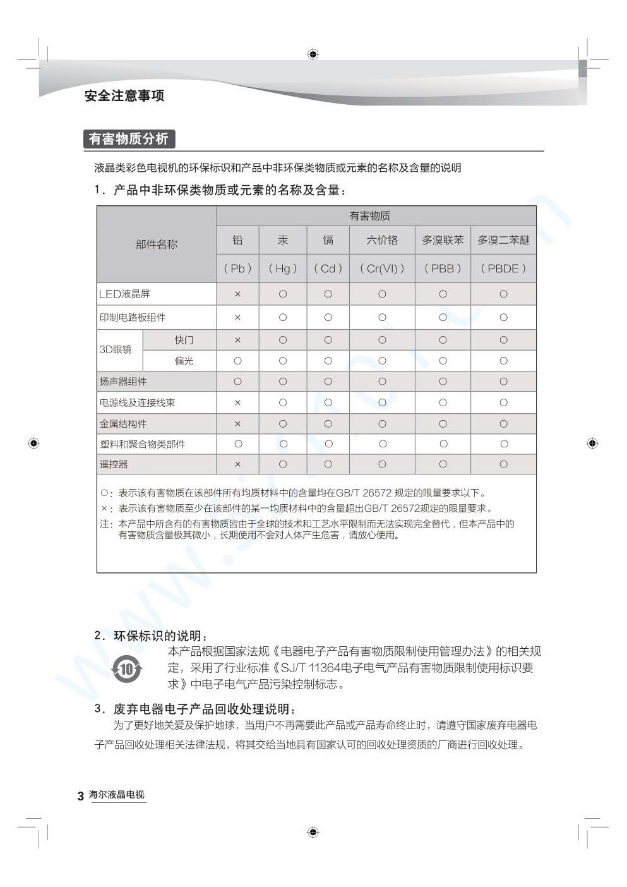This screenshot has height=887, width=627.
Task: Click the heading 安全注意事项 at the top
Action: tap(124, 96)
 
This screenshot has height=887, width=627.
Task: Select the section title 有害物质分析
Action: tap(128, 139)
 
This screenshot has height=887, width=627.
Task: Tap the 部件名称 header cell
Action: tap(157, 244)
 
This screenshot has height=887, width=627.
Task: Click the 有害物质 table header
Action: tap(370, 216)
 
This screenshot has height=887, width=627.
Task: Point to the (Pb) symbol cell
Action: tap(237, 269)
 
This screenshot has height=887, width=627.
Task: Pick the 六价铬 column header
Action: tap(382, 240)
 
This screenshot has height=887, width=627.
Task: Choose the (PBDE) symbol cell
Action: tap(503, 269)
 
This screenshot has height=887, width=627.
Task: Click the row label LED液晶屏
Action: tap(125, 294)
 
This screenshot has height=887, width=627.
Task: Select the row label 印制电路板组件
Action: tap(133, 317)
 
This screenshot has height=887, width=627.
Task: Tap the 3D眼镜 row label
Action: tap(116, 349)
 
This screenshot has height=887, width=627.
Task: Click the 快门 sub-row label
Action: tap(184, 340)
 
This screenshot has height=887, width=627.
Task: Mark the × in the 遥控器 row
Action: tap(237, 464)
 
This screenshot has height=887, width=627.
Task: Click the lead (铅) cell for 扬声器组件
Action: tap(237, 382)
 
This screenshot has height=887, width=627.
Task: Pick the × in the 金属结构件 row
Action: tap(237, 424)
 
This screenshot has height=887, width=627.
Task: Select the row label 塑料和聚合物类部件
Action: tap(142, 444)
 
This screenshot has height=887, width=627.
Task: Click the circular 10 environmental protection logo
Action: tap(127, 669)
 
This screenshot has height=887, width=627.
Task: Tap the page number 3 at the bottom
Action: tap(80, 796)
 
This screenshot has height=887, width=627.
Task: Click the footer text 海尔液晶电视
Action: tap(117, 795)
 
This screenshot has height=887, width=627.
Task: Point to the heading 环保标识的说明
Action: tap(160, 636)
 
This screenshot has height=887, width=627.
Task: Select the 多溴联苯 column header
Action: tap(443, 240)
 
